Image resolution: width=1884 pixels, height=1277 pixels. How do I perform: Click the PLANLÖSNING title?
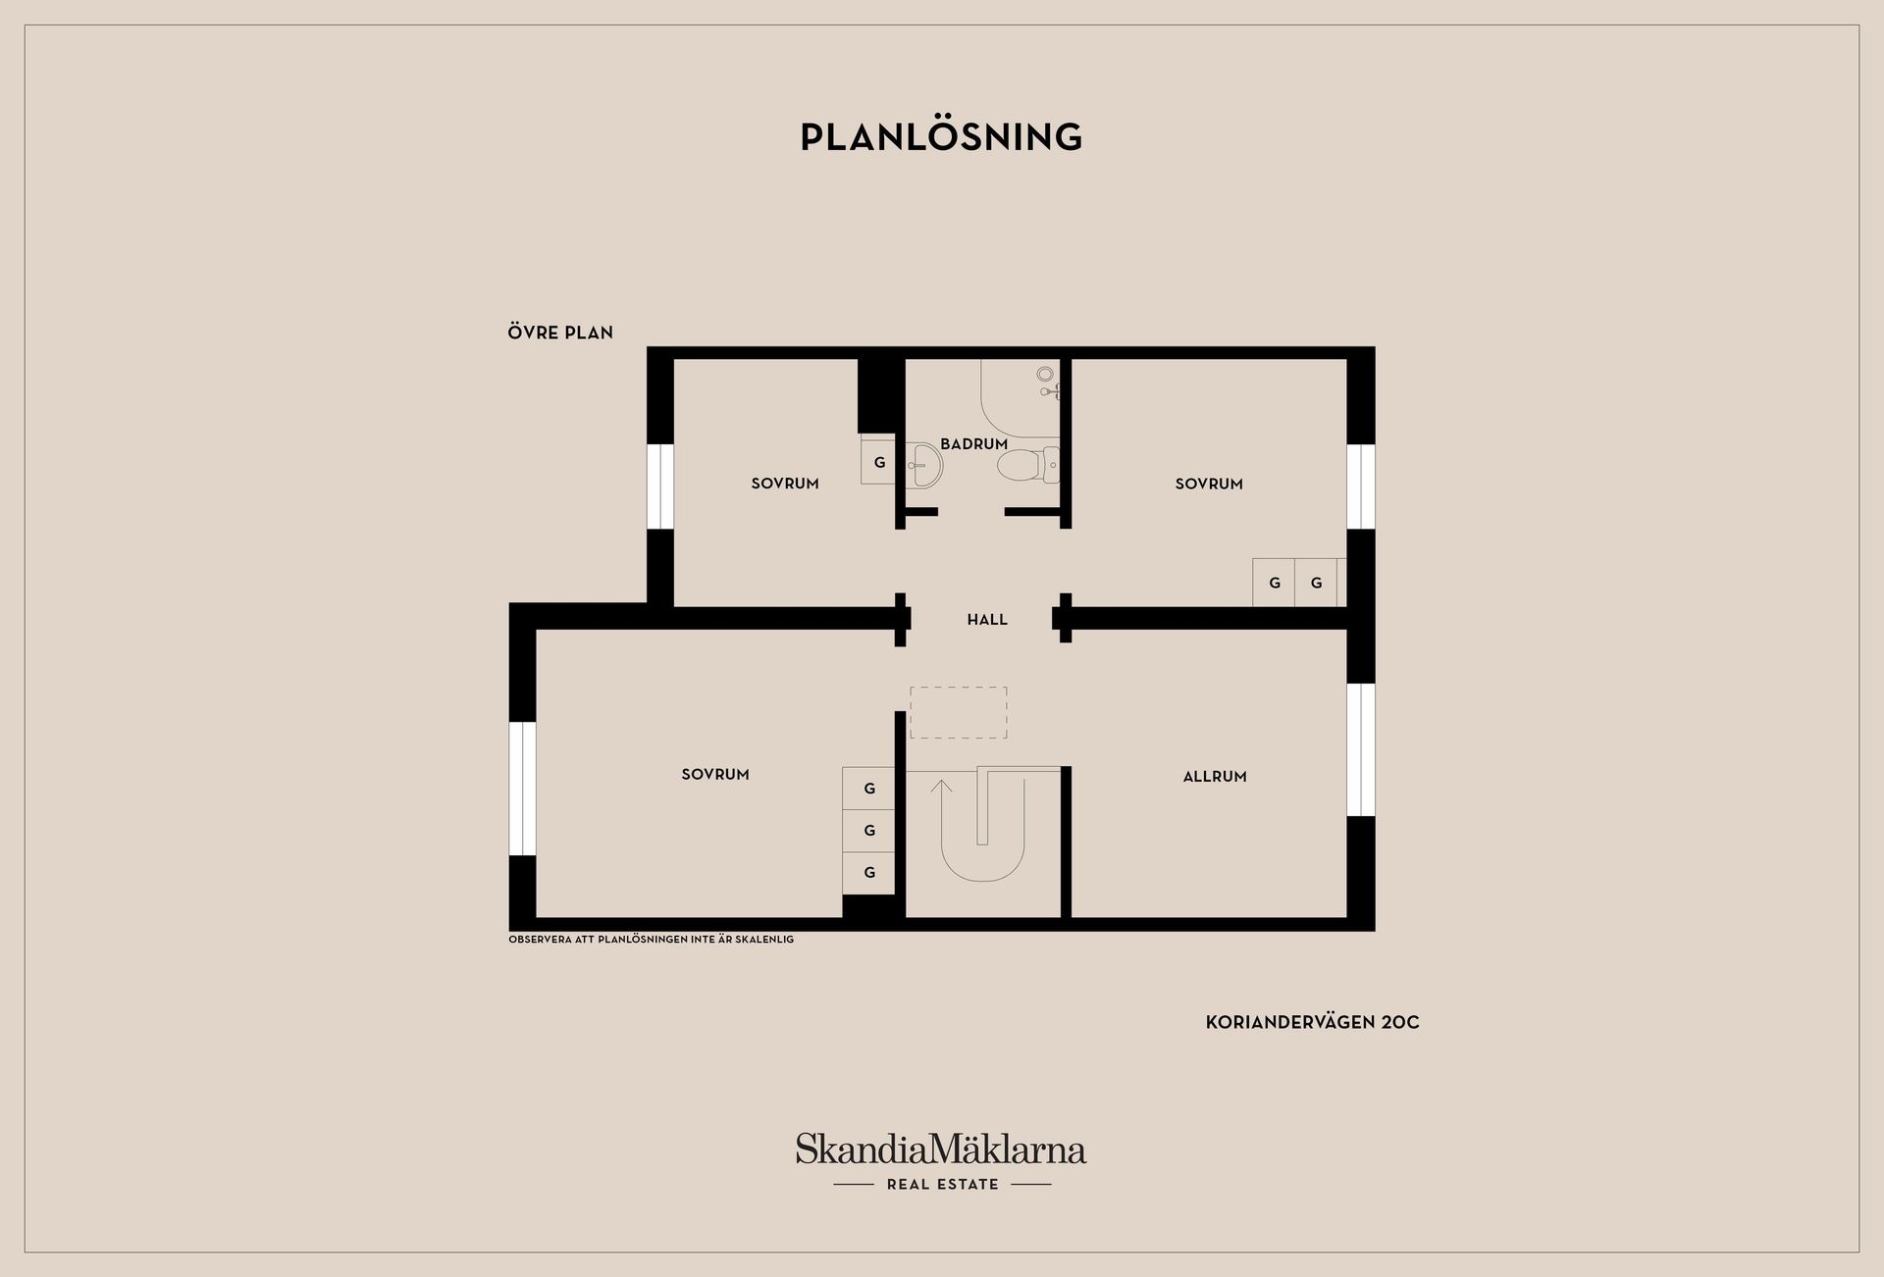pyautogui.click(x=941, y=136)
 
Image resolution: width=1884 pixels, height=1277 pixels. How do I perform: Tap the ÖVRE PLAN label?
pyautogui.click(x=560, y=332)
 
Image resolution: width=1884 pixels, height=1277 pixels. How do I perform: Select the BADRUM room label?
pyautogui.click(x=973, y=444)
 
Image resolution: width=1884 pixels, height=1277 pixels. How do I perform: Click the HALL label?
pyautogui.click(x=987, y=620)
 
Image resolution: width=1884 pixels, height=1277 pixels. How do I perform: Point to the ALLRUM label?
pyautogui.click(x=1215, y=777)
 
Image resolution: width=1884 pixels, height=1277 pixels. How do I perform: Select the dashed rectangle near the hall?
pyautogui.click(x=959, y=713)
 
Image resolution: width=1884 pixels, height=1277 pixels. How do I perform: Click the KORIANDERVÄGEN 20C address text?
pyautogui.click(x=1312, y=1022)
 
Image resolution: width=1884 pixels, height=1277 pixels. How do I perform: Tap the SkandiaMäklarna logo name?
pyautogui.click(x=941, y=1149)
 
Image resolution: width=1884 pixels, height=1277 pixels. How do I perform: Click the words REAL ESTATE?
pyautogui.click(x=942, y=1185)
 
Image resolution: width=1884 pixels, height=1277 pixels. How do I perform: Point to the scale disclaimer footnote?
pyautogui.click(x=651, y=940)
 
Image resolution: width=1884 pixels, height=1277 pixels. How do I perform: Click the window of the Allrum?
pyautogui.click(x=1360, y=750)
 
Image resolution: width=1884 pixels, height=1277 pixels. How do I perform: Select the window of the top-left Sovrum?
pyautogui.click(x=660, y=486)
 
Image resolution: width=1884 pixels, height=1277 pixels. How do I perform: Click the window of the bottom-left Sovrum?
pyautogui.click(x=523, y=789)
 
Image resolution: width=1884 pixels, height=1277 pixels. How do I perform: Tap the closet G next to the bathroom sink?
pyautogui.click(x=878, y=461)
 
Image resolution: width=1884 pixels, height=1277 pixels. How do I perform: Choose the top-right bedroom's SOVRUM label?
pyautogui.click(x=1209, y=484)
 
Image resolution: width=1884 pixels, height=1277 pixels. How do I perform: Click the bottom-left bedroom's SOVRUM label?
pyautogui.click(x=715, y=775)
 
